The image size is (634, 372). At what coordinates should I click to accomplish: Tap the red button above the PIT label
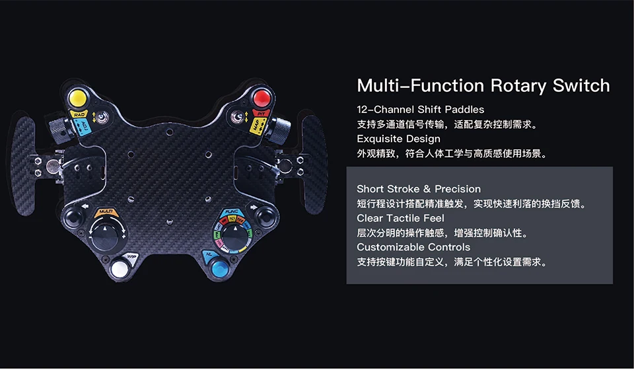[262, 99]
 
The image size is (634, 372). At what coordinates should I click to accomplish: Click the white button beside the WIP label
[120, 269]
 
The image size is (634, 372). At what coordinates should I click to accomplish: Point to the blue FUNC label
[231, 212]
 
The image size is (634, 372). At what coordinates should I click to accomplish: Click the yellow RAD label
[79, 114]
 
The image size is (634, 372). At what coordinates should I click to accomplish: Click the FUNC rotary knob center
[232, 233]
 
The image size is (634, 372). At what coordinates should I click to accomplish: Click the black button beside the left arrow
[71, 217]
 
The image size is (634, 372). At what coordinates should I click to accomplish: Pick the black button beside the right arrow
[265, 215]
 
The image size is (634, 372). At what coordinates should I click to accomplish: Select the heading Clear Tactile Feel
[400, 218]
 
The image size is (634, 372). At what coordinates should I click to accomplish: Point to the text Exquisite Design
[398, 139]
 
